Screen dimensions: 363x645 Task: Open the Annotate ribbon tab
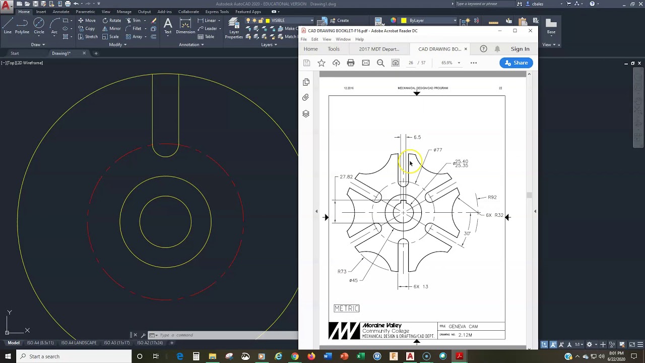(x=61, y=12)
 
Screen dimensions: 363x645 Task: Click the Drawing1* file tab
(x=61, y=53)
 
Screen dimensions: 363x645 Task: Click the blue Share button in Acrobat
(x=516, y=63)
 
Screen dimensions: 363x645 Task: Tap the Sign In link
(x=520, y=49)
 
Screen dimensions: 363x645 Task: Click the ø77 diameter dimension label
(x=438, y=150)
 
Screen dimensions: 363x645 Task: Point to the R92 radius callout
(x=492, y=197)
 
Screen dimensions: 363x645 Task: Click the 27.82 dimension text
(x=346, y=177)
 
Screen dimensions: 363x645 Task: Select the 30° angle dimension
(x=467, y=233)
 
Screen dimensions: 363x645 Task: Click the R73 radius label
(x=342, y=272)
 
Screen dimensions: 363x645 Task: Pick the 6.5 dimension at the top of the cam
(x=417, y=137)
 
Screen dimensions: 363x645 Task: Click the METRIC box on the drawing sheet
(x=346, y=308)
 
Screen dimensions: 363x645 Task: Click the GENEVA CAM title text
(x=463, y=326)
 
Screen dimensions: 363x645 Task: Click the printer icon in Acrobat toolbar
(x=351, y=63)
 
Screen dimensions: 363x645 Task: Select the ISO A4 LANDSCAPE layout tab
(x=79, y=343)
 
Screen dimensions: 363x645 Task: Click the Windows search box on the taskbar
(x=76, y=356)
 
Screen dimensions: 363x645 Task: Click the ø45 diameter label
(x=353, y=280)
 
